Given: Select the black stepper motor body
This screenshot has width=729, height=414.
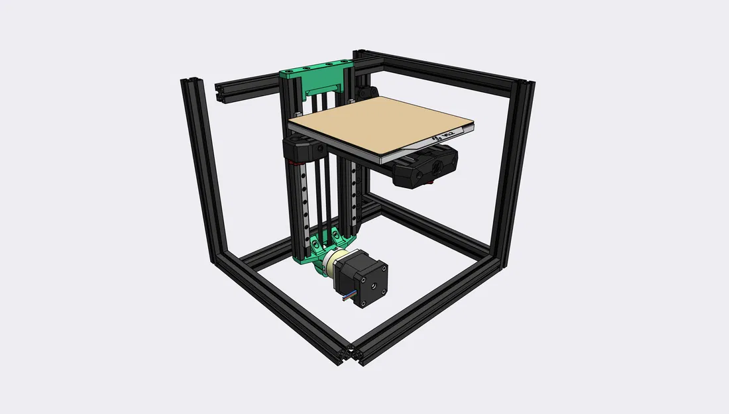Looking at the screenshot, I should point(363,276).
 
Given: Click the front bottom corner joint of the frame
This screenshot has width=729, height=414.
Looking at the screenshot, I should point(351,355).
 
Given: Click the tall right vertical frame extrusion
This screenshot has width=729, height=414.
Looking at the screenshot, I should point(514,172).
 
